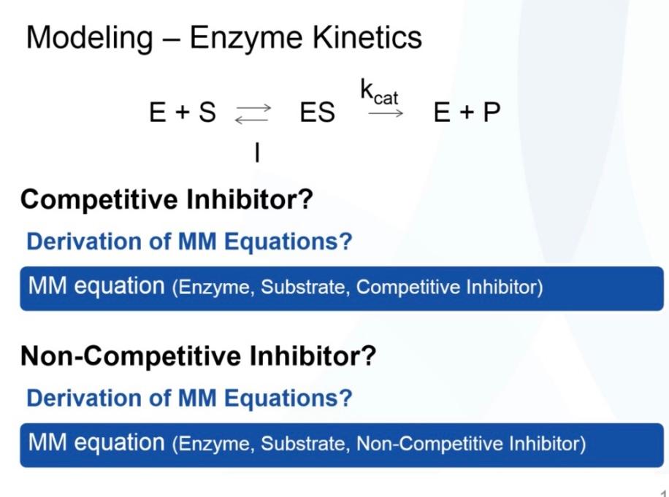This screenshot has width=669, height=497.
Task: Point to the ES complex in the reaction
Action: click(317, 113)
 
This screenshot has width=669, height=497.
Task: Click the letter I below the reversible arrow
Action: click(257, 153)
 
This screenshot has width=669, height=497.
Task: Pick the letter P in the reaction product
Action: click(492, 113)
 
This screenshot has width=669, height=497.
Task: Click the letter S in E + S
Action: click(207, 113)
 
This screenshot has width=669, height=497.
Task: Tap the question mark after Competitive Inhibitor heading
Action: click(305, 199)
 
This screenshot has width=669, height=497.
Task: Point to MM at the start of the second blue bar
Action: click(45, 443)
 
